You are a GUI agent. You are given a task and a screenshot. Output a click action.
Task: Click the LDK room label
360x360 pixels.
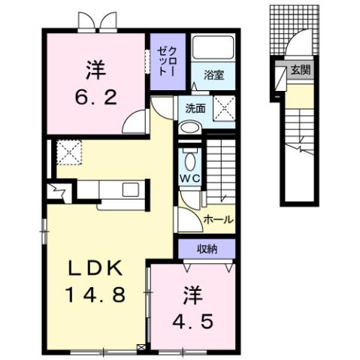(95, 269)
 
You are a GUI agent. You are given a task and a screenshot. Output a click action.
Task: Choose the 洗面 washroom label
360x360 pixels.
(195, 108)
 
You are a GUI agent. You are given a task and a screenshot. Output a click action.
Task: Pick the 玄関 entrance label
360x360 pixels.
(300, 71)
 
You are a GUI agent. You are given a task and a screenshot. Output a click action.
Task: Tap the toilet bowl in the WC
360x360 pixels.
(189, 160)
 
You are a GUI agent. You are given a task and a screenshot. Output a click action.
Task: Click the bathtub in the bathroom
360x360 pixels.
(213, 48)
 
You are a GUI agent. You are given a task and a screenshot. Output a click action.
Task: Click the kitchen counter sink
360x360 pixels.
(126, 189)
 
